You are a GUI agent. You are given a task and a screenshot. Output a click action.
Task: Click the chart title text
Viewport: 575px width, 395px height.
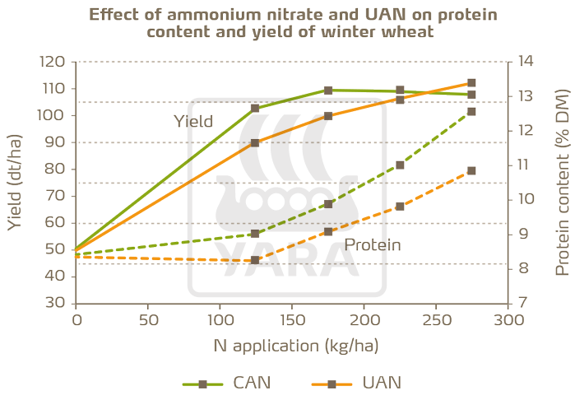pyautogui.click(x=287, y=24)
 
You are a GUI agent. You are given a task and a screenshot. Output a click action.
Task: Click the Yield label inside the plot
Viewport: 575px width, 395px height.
pyautogui.click(x=193, y=122)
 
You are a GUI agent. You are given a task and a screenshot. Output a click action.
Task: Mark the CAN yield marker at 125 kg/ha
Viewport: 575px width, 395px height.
pyautogui.click(x=255, y=108)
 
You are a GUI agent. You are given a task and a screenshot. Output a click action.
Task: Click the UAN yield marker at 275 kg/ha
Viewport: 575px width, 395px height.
pyautogui.click(x=471, y=83)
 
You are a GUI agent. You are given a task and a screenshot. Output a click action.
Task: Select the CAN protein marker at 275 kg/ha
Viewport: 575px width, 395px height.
pyautogui.click(x=471, y=111)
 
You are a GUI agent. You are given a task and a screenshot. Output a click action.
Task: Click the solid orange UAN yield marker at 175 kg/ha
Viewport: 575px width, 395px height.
pyautogui.click(x=327, y=116)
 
